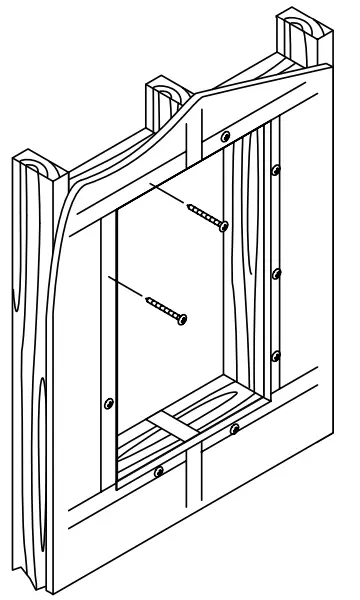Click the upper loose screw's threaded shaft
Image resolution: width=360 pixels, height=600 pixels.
point(204,213)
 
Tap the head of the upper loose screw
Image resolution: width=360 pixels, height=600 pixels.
point(224,227)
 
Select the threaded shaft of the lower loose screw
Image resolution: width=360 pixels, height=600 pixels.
point(163,305)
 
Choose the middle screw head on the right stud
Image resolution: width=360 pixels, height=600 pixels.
point(278,272)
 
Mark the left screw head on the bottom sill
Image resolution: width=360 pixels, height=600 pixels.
point(159,470)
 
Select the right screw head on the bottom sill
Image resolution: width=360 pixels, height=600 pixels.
point(233,430)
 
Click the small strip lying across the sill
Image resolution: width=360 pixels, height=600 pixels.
point(174,424)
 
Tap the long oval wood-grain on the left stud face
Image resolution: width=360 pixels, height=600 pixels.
point(40,420)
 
